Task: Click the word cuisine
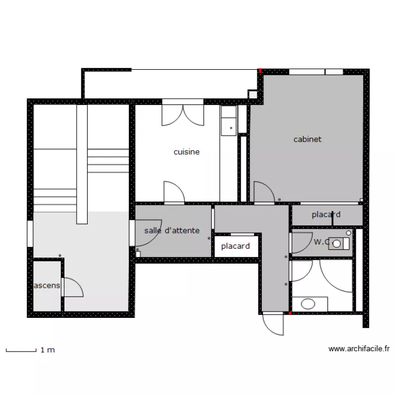[x=186, y=152]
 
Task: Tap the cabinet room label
[x=307, y=140]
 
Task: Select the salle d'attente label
[x=172, y=231]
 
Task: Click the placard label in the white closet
[x=235, y=246]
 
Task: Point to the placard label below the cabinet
[x=326, y=215]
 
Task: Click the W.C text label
[x=321, y=242]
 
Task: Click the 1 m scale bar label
[x=48, y=350]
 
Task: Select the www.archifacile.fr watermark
[x=359, y=348]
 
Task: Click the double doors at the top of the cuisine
[x=183, y=114]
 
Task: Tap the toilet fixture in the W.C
[x=340, y=243]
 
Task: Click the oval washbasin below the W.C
[x=308, y=304]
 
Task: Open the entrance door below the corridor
[x=274, y=324]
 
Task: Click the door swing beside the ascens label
[x=73, y=288]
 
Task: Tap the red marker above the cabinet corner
[x=260, y=71]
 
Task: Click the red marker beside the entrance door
[x=290, y=313]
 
